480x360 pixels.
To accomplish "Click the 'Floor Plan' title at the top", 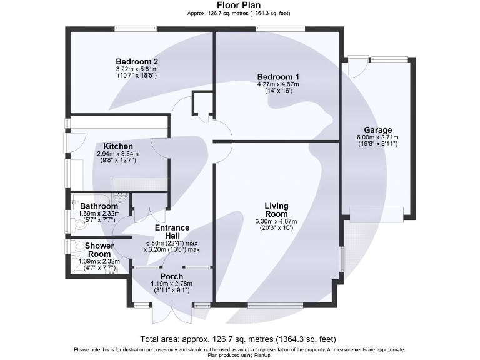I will (239, 5).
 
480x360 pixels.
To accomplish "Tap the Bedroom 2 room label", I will (136, 61).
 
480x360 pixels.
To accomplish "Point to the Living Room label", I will (276, 209).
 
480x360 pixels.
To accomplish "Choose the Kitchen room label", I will (117, 146).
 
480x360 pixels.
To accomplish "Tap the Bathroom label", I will (99, 206).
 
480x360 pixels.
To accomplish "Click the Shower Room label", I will (99, 250).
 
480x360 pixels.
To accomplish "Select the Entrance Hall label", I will (172, 232).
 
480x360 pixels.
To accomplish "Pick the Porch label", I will (171, 276).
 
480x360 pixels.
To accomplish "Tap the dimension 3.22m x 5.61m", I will (136, 69).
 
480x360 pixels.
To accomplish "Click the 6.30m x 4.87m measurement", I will (276, 222).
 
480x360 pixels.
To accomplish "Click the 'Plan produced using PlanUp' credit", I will (239, 354).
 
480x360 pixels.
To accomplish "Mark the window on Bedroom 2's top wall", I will (136, 27).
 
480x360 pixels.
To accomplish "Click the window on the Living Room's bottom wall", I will (276, 305).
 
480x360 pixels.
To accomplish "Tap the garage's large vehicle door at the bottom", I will (376, 214).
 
